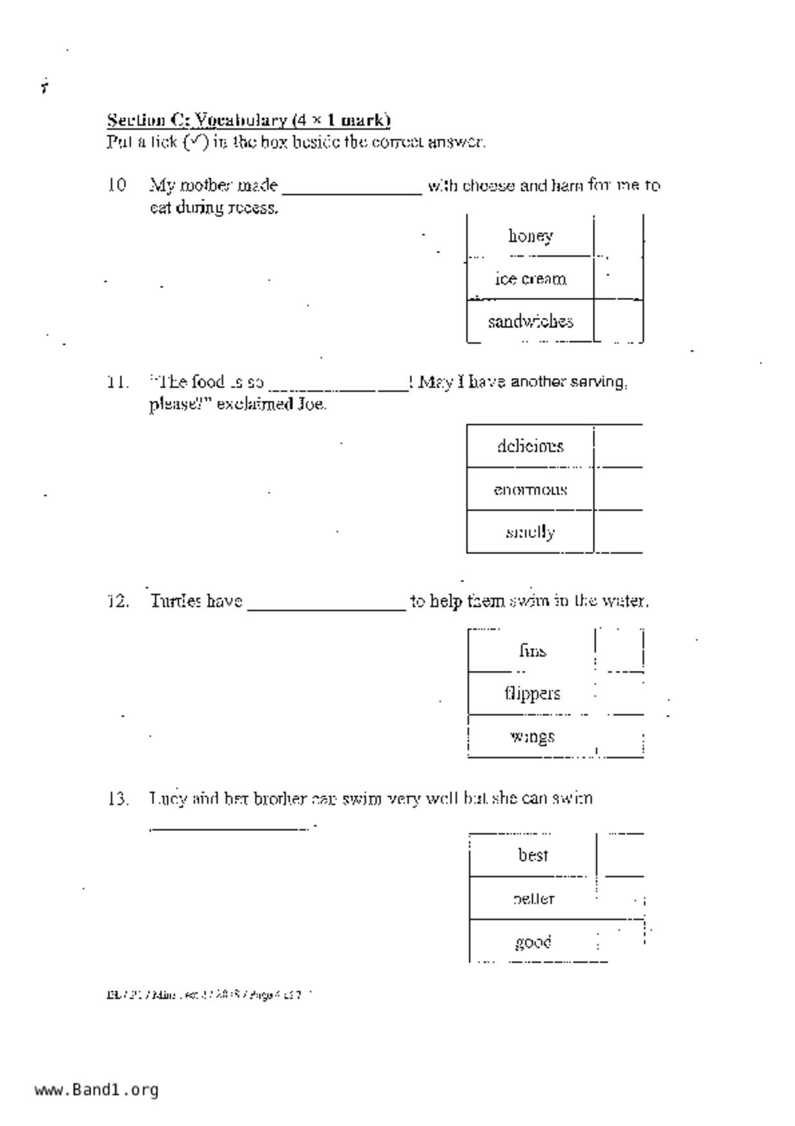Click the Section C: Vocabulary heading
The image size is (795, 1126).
click(x=248, y=120)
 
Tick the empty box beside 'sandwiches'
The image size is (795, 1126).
click(x=619, y=320)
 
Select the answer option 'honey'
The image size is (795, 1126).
click(x=530, y=236)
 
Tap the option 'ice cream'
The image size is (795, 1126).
click(x=530, y=279)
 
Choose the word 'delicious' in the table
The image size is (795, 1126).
click(x=530, y=446)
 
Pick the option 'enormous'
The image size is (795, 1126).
click(x=530, y=490)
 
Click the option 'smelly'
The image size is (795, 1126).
click(x=530, y=532)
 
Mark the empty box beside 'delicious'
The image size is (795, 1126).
click(x=619, y=446)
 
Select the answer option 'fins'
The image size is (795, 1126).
click(x=533, y=651)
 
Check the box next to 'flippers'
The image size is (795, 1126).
click(x=620, y=693)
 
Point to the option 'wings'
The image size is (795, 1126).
click(x=532, y=736)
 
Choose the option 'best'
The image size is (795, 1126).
click(x=533, y=855)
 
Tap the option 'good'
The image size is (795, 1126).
click(x=533, y=942)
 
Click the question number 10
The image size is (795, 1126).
click(x=116, y=185)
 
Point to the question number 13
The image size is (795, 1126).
click(x=117, y=799)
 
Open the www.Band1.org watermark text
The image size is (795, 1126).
click(x=96, y=1090)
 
